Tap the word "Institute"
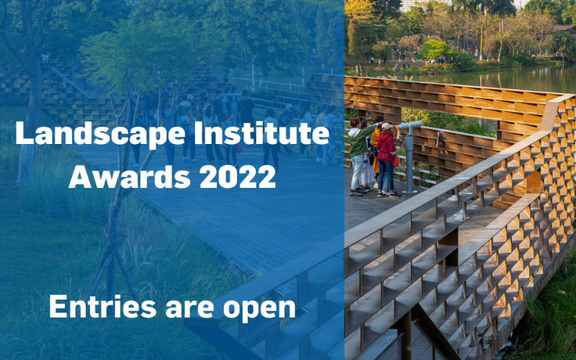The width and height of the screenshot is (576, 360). click(261, 132)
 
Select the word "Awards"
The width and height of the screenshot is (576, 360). click(130, 176)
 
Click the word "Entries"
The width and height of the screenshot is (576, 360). click(103, 307)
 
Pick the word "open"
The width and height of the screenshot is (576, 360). click(259, 310)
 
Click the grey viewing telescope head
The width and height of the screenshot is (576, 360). click(410, 125)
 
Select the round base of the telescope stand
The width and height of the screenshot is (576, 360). click(409, 192)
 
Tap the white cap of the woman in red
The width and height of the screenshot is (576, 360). click(387, 126)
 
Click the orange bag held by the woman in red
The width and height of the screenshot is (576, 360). click(396, 161)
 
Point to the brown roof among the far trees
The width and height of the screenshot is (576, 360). click(565, 28)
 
